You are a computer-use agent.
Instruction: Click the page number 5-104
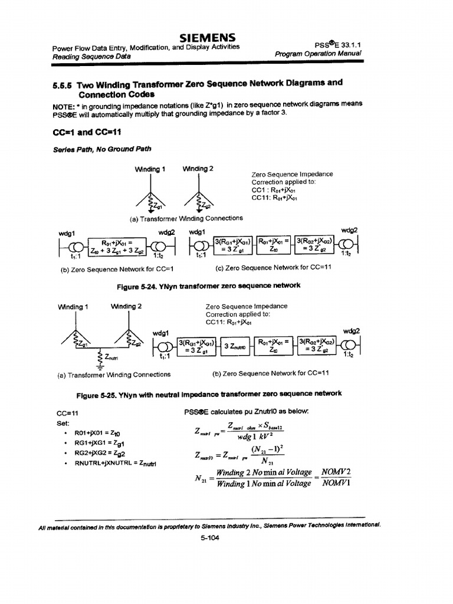[x=209, y=544]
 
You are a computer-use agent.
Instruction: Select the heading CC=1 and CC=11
[x=87, y=132]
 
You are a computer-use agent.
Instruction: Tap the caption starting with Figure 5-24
[x=209, y=285]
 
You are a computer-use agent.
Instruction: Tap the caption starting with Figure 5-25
[x=209, y=393]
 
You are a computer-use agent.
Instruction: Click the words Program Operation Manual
[x=318, y=54]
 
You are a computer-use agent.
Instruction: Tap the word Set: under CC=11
[x=63, y=423]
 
